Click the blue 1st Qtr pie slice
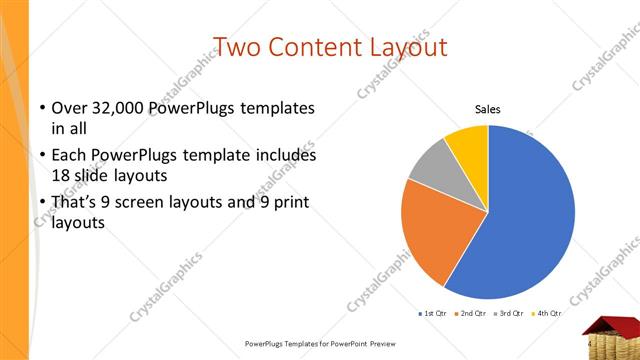(x=530, y=215)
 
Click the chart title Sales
(x=487, y=110)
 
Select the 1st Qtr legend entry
(x=432, y=314)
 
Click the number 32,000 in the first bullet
(x=115, y=108)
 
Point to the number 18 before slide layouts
(x=62, y=174)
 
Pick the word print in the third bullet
(x=290, y=203)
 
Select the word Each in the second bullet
(x=70, y=156)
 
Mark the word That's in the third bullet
(x=76, y=203)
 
